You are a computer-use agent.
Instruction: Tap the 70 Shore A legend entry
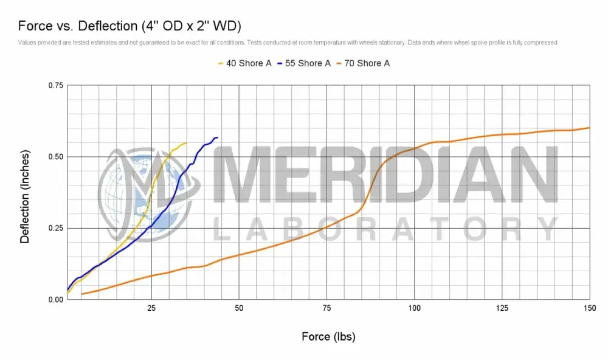367,63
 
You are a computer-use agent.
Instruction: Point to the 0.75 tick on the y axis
55,86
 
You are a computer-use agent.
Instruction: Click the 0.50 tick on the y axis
55,157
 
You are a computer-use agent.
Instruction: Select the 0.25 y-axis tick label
55,228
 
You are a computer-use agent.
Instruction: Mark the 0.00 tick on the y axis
55,299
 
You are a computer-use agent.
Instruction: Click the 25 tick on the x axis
151,308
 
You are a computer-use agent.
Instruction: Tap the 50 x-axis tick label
239,308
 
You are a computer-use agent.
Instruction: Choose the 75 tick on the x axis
326,308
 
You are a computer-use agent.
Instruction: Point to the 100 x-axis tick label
414,308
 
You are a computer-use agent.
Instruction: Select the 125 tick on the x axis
502,308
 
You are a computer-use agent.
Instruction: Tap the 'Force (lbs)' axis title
328,336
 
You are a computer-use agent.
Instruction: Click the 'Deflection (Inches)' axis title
25,192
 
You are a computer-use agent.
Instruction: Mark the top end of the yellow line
185,143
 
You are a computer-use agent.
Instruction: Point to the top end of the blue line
217,137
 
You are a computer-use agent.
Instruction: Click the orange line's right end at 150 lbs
589,128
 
